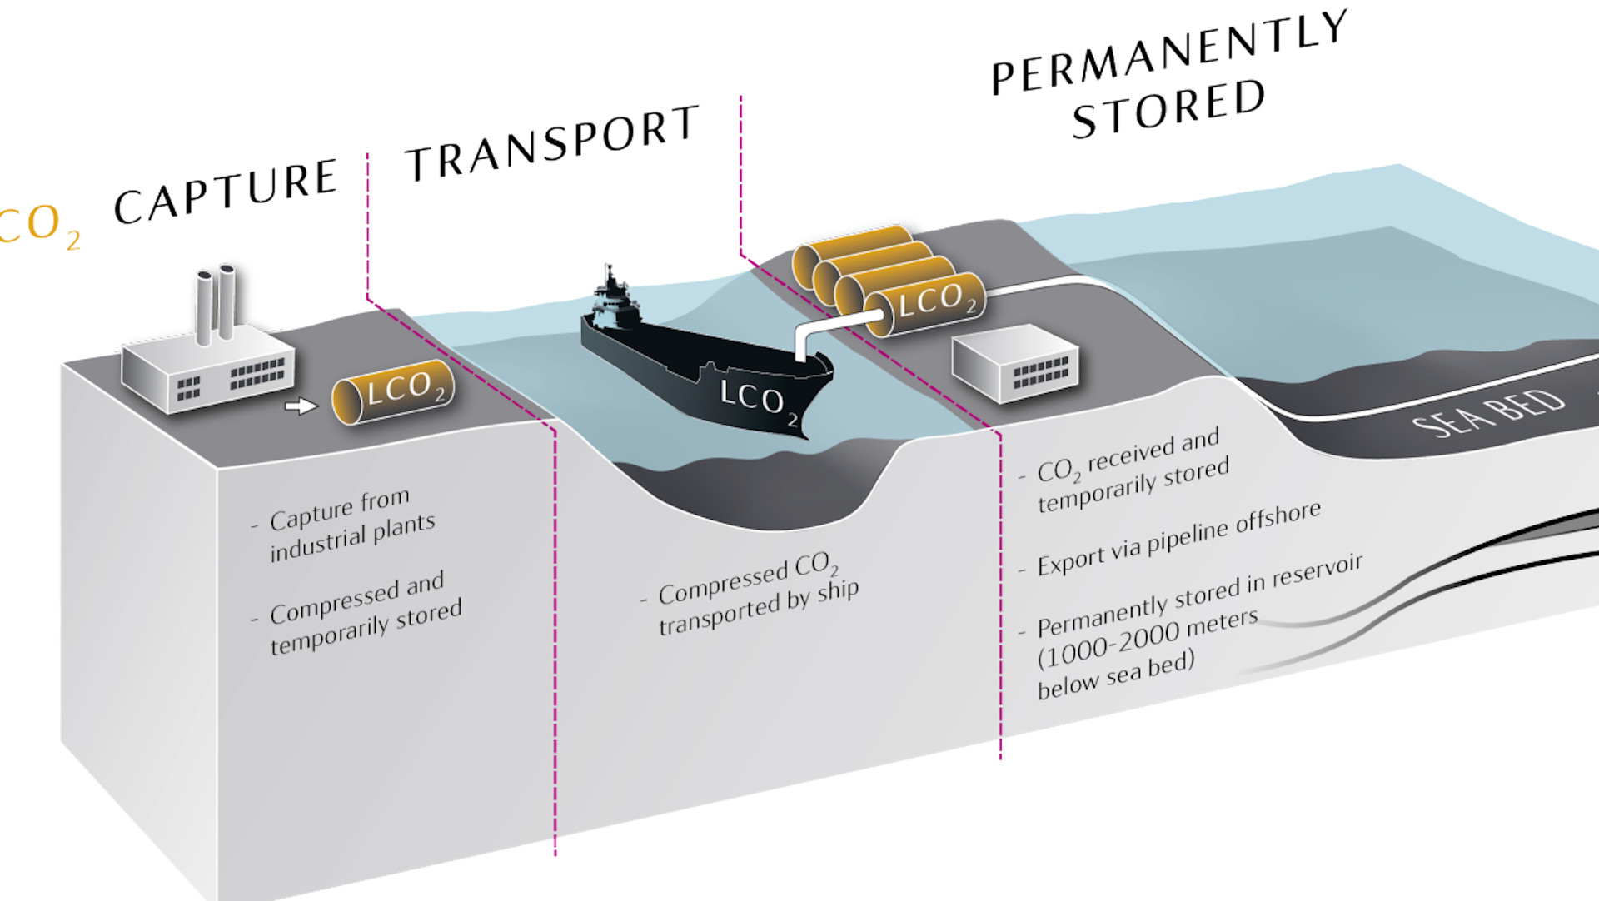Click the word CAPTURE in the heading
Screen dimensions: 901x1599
click(x=226, y=192)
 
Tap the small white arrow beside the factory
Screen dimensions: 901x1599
click(x=301, y=406)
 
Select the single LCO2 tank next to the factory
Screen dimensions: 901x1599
click(x=394, y=391)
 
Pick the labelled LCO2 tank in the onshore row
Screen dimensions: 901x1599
click(x=925, y=304)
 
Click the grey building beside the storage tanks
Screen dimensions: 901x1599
click(x=1017, y=366)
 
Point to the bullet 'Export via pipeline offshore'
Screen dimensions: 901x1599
click(x=1178, y=540)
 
